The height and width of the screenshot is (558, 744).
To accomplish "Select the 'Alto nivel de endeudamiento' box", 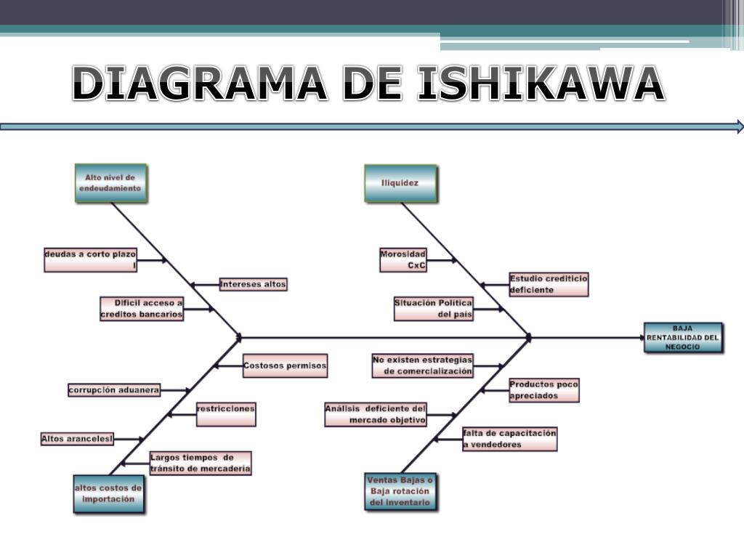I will pyautogui.click(x=110, y=182).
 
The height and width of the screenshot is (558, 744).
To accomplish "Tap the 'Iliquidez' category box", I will pyautogui.click(x=400, y=183).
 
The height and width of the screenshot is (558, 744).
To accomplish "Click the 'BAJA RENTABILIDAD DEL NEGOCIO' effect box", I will pyautogui.click(x=683, y=338).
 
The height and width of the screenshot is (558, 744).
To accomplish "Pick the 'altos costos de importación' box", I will pyautogui.click(x=108, y=494).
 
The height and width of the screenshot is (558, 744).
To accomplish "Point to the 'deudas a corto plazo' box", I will pyautogui.click(x=91, y=260).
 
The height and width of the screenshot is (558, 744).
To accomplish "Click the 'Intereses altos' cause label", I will pyautogui.click(x=253, y=284).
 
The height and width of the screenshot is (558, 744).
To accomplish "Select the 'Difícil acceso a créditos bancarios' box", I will pyautogui.click(x=142, y=309).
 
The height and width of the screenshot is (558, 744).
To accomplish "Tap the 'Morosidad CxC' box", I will pyautogui.click(x=403, y=260).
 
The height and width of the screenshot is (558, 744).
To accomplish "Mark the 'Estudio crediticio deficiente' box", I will pyautogui.click(x=548, y=284).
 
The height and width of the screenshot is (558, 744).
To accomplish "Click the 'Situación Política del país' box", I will pyautogui.click(x=433, y=309).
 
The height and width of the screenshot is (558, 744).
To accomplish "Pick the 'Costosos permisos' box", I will pyautogui.click(x=285, y=365).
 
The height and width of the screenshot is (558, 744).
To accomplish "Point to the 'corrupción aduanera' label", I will pyautogui.click(x=114, y=390).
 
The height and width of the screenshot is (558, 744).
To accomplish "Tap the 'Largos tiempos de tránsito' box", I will pyautogui.click(x=201, y=463).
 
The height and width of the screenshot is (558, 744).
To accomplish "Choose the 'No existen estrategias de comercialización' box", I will pyautogui.click(x=422, y=365).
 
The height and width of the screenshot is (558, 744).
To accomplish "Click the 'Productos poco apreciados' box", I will pyautogui.click(x=543, y=390).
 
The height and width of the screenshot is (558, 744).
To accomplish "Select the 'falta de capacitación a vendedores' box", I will pyautogui.click(x=509, y=439).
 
